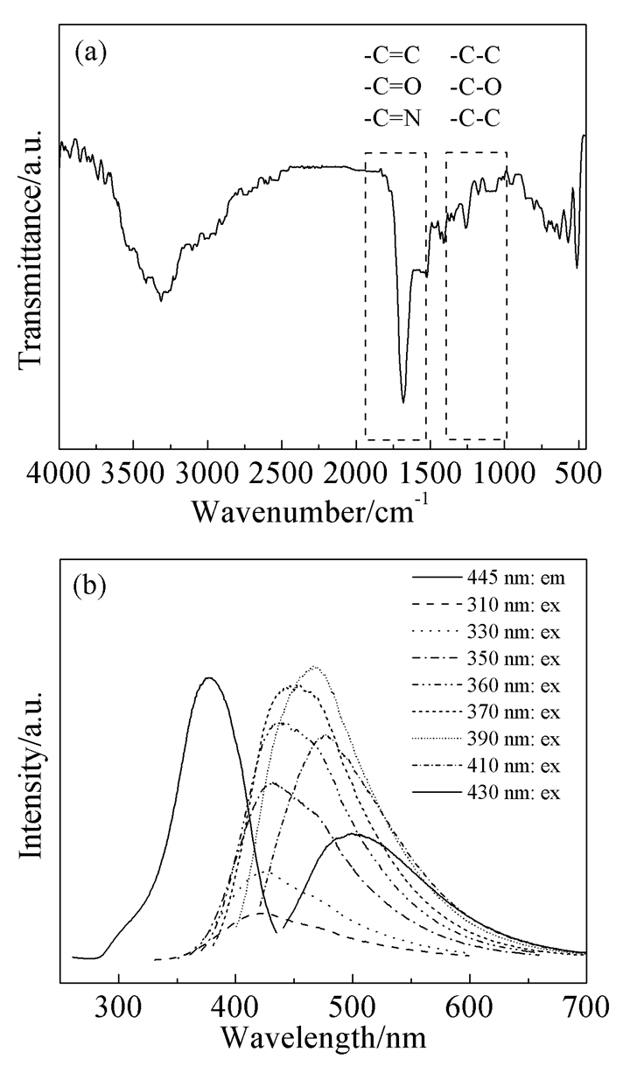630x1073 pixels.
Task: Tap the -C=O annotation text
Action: coord(391,88)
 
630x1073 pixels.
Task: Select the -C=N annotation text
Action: coord(391,117)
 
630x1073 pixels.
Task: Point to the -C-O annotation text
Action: coord(475,88)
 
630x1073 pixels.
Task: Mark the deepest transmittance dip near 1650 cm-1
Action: coord(403,402)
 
